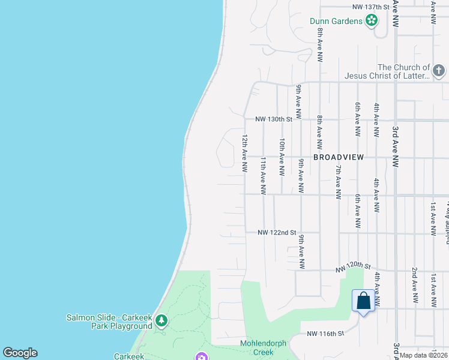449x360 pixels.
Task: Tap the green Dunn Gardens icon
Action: point(372,21)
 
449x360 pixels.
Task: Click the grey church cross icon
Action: point(440,71)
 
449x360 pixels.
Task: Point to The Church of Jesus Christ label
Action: point(387,71)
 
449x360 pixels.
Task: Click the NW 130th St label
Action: point(273,119)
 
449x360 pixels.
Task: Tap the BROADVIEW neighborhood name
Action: point(339,157)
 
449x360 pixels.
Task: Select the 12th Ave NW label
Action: point(245,154)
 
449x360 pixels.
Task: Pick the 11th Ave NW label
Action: point(263,176)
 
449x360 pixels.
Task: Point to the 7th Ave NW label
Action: point(338,181)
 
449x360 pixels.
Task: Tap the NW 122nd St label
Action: point(277,232)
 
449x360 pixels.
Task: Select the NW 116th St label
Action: point(325,333)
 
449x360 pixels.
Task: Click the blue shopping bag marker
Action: point(364,301)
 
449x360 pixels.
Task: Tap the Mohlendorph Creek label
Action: point(264,347)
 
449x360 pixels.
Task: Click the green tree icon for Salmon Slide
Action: point(161,321)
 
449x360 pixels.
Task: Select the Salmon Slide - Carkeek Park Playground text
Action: point(109,322)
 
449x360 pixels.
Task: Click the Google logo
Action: point(20,353)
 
